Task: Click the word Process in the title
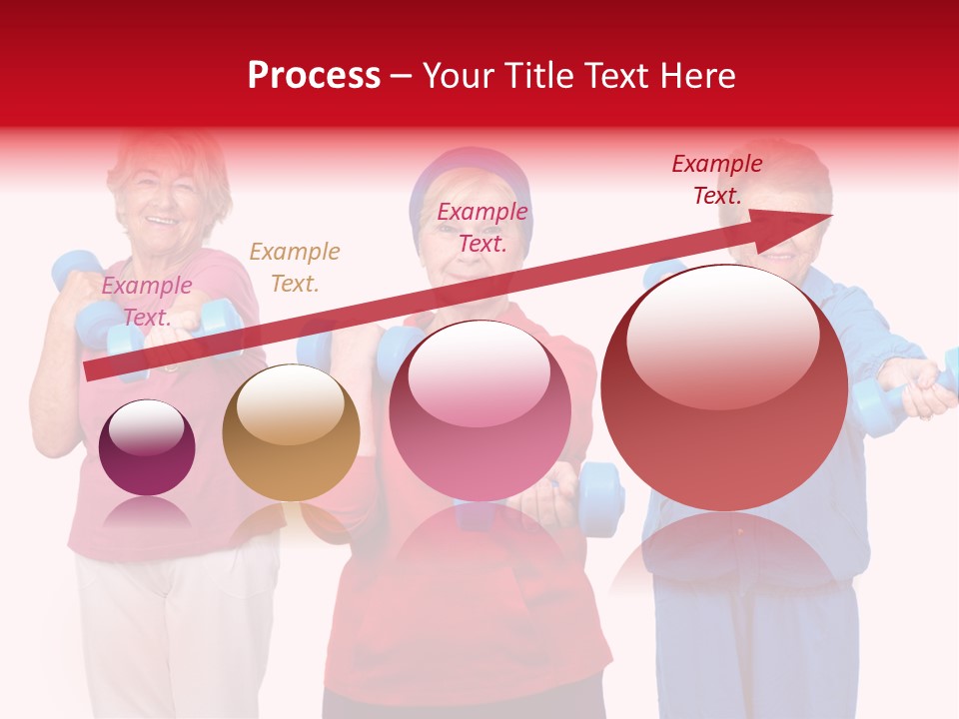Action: coord(314,76)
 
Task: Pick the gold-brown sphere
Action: coord(291,435)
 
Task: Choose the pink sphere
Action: coord(479,411)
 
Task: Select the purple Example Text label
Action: coord(147,301)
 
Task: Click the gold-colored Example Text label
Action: coord(294,267)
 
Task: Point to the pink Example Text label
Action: coord(481,227)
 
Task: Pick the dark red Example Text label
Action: coord(716,179)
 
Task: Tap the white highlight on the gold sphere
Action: coord(290,403)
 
